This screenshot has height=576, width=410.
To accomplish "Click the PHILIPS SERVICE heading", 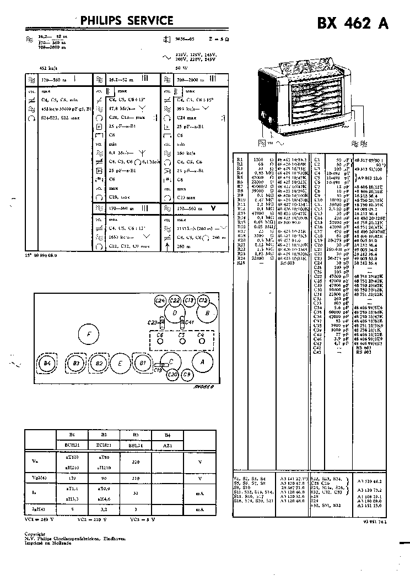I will tap(127, 21).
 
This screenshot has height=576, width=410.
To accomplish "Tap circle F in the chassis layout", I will tap(88, 333).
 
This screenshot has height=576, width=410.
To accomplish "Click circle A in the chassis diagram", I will tap(202, 362).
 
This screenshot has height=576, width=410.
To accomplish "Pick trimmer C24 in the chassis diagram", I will tap(160, 300).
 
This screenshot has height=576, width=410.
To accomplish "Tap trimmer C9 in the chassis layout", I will tap(187, 375).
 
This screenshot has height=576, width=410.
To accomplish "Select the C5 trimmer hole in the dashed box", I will tap(181, 341).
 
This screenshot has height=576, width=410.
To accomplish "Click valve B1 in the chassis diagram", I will tap(143, 363).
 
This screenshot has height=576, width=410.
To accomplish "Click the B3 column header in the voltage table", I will tap(136, 434).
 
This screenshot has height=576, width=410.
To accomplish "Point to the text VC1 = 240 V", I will tap(40, 519).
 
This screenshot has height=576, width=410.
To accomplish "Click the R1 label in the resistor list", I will tap(240, 159).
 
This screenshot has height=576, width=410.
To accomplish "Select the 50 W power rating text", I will tap(179, 68).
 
